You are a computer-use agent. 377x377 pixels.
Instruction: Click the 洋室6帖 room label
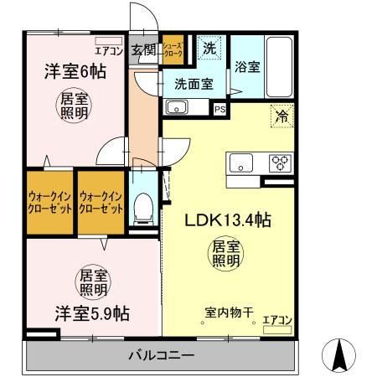pos(70,73)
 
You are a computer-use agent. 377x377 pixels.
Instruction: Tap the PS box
pos(219,108)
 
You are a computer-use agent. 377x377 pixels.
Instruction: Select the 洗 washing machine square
pos(209,49)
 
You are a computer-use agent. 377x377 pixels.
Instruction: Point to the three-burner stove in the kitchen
pos(279,163)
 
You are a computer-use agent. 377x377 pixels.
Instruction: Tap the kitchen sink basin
pos(240,163)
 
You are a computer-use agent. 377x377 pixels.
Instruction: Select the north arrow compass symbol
pos(341,355)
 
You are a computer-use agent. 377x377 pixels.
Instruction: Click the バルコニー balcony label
pos(161,356)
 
